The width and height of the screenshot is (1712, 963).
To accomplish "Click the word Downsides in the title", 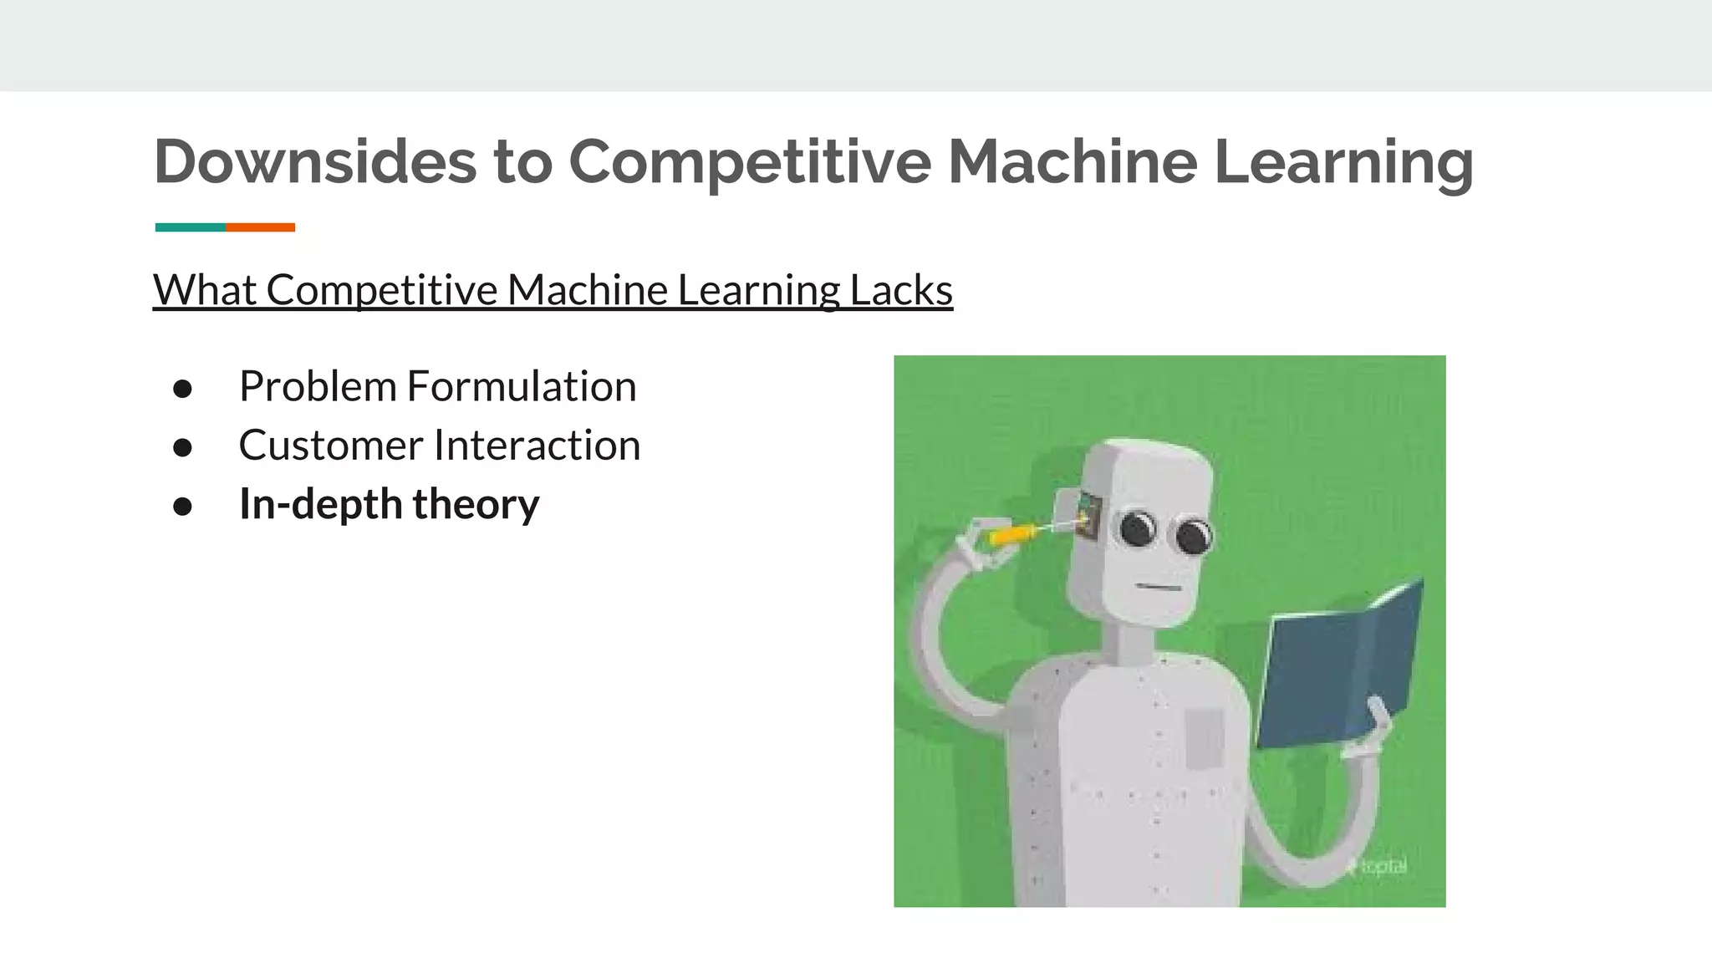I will click(314, 160).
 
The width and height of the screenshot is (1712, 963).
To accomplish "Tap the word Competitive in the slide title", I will click(749, 160).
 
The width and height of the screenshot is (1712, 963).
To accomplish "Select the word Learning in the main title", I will click(1343, 160).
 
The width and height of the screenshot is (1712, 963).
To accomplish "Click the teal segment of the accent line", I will click(190, 227).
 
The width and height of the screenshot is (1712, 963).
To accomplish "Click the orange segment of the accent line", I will click(260, 227).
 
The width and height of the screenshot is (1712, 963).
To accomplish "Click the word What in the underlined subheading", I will click(205, 290).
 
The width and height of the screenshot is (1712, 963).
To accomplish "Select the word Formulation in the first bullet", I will click(521, 386).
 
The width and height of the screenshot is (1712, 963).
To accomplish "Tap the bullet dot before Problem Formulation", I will click(182, 388).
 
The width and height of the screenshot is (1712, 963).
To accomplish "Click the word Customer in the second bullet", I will click(330, 445).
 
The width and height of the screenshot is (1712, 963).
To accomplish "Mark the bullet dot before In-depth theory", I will click(182, 506).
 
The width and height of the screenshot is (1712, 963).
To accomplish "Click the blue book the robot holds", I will click(1337, 669).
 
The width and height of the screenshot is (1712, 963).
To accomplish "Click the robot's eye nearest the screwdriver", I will click(1137, 528).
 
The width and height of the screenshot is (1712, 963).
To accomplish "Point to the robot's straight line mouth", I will click(1158, 588).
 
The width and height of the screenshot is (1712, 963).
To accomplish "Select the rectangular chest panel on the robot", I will click(1204, 737).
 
